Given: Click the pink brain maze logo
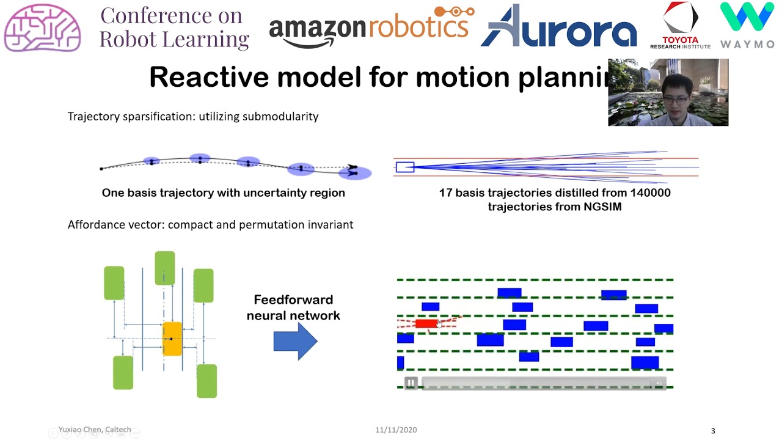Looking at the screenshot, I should coord(42,28).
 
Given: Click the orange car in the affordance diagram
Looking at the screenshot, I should coord(172,339).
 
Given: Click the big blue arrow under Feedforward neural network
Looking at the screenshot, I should coord(295,341).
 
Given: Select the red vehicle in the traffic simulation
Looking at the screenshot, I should coord(426,323).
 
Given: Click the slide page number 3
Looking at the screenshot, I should coord(712,431).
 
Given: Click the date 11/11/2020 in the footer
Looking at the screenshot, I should coord(396,430).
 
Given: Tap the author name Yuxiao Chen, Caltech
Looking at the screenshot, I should coord(95,430).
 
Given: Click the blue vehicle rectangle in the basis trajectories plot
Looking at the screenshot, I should coord(404,167).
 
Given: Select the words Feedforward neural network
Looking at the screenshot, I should coord(293,307).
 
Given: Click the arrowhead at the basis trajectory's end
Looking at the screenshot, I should coord(353,167).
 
